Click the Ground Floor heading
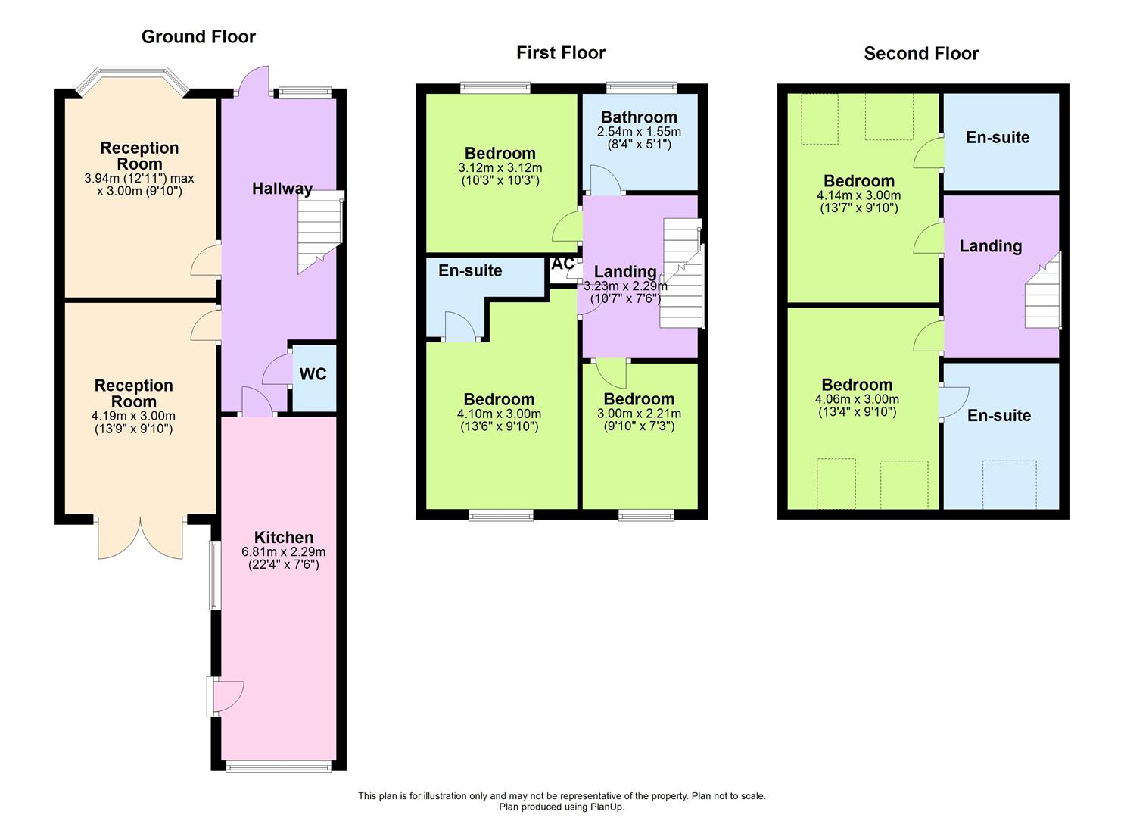tap(198, 36)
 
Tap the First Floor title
tap(561, 52)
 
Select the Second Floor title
tap(921, 53)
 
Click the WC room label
tap(313, 374)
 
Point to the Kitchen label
tap(284, 537)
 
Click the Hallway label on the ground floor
tap(282, 189)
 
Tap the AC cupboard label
tap(562, 264)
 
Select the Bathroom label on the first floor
tap(639, 117)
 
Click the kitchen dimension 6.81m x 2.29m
tap(284, 551)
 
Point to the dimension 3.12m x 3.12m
tap(500, 167)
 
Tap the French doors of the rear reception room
tap(140, 538)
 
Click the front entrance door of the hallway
tap(252, 80)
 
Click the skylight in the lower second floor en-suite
tap(1009, 484)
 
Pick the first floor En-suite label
tap(470, 270)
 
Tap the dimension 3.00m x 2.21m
tap(639, 414)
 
